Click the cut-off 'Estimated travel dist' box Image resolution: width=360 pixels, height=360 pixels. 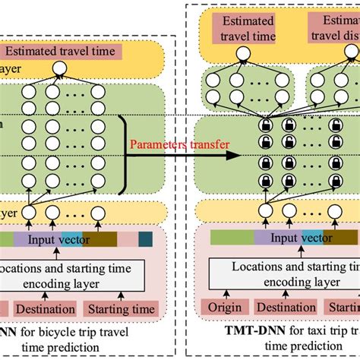335,28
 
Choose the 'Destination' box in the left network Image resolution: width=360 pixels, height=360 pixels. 46,309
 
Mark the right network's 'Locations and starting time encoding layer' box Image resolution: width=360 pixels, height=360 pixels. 281,274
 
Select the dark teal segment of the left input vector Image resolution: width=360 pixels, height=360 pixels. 145,240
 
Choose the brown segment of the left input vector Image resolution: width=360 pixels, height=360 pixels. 100,240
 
